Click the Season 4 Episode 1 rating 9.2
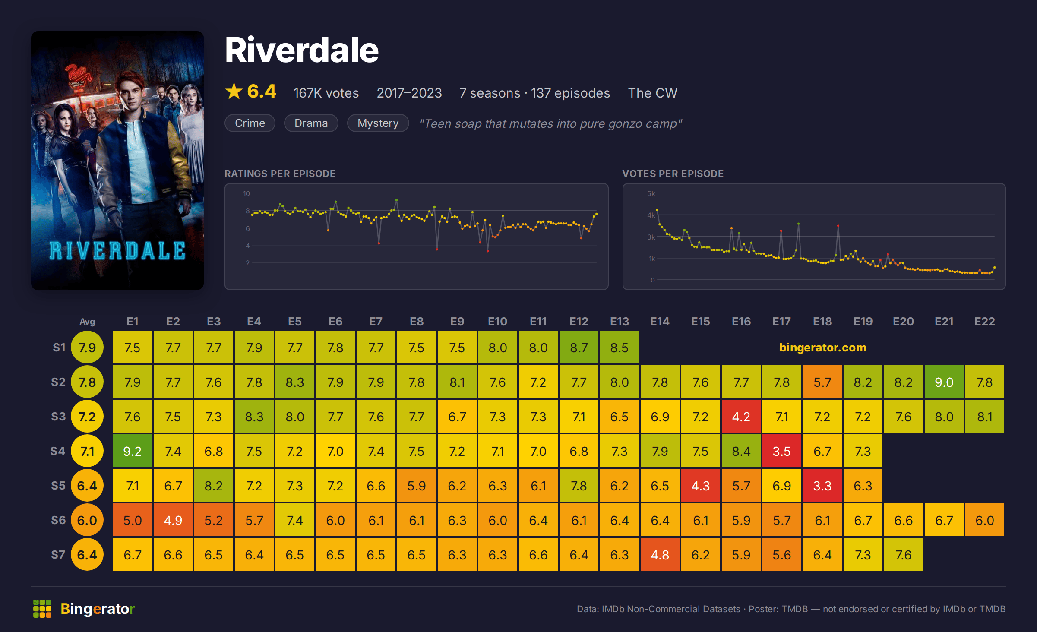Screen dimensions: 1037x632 click(x=133, y=451)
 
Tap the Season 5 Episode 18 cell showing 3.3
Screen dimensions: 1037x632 click(x=822, y=486)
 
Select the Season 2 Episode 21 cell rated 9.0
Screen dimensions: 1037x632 click(x=944, y=382)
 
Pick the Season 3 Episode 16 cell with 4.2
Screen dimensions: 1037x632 click(x=741, y=417)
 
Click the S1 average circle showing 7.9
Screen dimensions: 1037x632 click(x=87, y=348)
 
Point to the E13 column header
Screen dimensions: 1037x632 click(x=620, y=322)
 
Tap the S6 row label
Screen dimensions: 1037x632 click(x=58, y=520)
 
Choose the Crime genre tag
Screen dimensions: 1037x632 click(x=250, y=123)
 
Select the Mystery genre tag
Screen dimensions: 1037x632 click(x=378, y=123)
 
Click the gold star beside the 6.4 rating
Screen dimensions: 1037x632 click(x=234, y=92)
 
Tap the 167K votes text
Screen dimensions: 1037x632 click(x=326, y=93)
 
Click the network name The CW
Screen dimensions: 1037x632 click(x=653, y=93)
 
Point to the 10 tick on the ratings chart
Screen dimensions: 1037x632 click(x=247, y=193)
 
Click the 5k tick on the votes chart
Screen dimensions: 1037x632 click(x=651, y=193)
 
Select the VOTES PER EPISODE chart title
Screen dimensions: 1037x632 click(x=673, y=174)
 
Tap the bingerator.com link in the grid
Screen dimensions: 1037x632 click(x=823, y=348)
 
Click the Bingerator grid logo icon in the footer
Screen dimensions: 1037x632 click(x=42, y=609)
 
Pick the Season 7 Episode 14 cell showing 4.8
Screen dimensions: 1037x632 click(x=660, y=555)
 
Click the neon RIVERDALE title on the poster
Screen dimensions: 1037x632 click(x=117, y=251)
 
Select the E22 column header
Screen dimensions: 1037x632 click(x=985, y=322)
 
